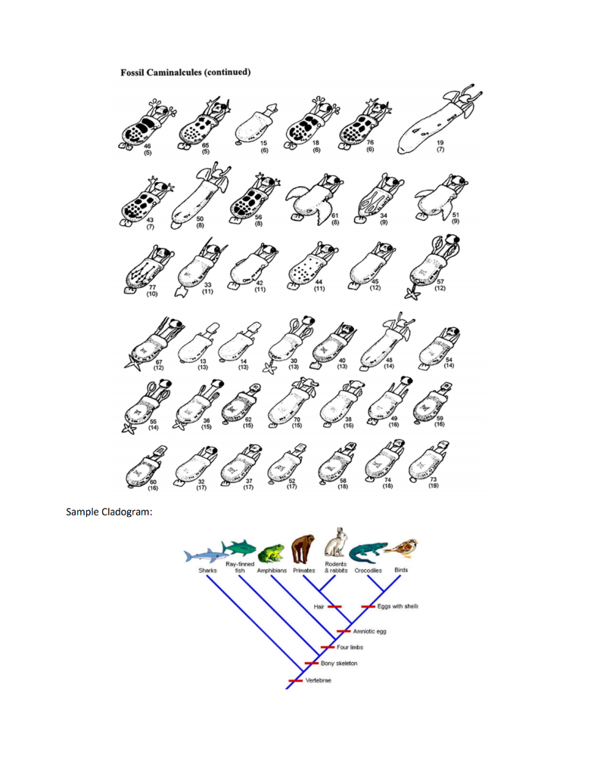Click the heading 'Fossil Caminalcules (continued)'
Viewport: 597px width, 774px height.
pyautogui.click(x=186, y=73)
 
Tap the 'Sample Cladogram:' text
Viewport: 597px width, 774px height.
pyautogui.click(x=104, y=512)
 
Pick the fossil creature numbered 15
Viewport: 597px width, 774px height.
pyautogui.click(x=254, y=124)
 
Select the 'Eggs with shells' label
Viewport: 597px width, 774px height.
pyautogui.click(x=398, y=606)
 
